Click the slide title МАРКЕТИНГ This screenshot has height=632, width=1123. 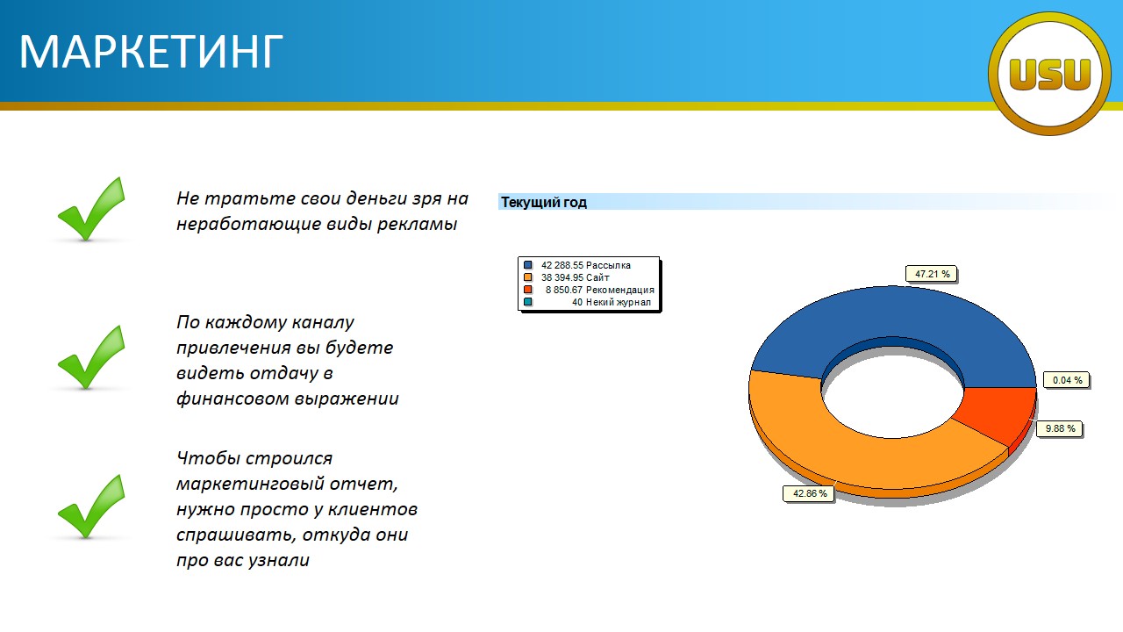pyautogui.click(x=151, y=52)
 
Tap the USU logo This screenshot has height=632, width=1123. pyautogui.click(x=1049, y=74)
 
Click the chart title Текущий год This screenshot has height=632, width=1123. pyautogui.click(x=543, y=202)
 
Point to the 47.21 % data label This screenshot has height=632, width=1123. pyautogui.click(x=932, y=274)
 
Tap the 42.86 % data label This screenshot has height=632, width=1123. pyautogui.click(x=809, y=493)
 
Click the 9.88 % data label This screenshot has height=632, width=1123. pyautogui.click(x=1060, y=429)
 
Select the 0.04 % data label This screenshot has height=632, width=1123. pyautogui.click(x=1067, y=380)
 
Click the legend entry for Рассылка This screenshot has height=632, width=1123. pyautogui.click(x=577, y=265)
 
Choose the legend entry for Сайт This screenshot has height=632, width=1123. pyautogui.click(x=567, y=277)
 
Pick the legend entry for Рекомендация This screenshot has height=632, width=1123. pyautogui.click(x=589, y=290)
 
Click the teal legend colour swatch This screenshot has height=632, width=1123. pyautogui.click(x=527, y=302)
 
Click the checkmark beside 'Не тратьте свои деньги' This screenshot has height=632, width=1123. pyautogui.click(x=91, y=209)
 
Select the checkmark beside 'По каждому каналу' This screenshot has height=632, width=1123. pyautogui.click(x=91, y=357)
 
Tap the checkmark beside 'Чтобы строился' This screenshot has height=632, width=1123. pyautogui.click(x=91, y=506)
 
